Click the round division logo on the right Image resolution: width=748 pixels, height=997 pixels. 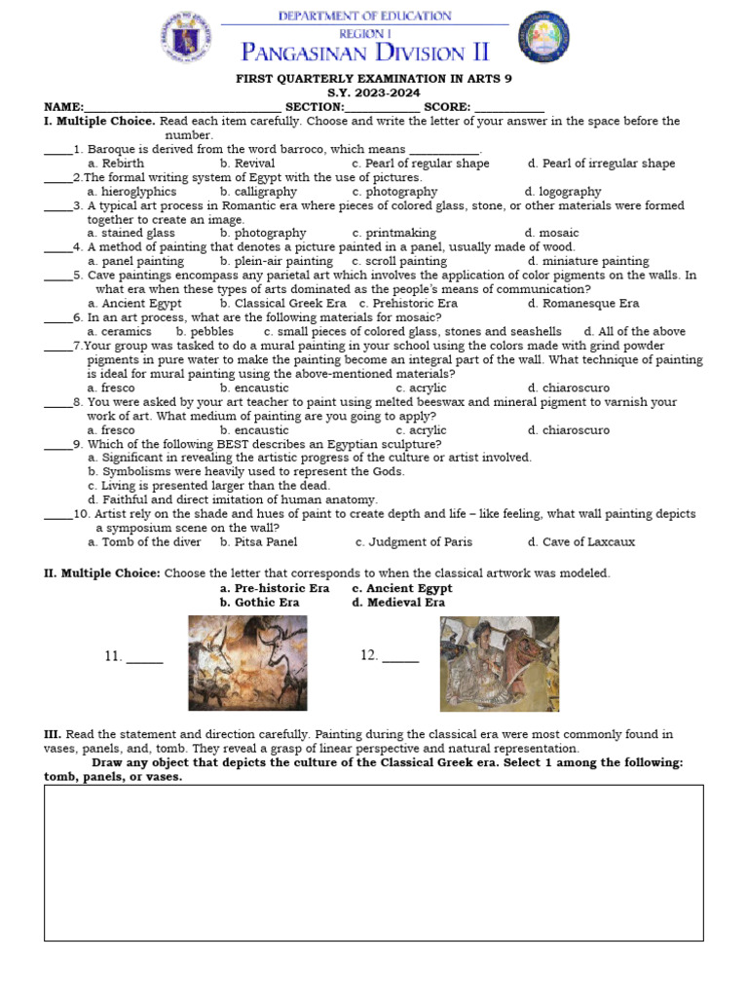(543, 38)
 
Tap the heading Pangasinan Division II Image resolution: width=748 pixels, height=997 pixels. (365, 52)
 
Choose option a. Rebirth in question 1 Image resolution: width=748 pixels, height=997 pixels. (116, 164)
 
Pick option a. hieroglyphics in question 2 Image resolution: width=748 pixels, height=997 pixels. (131, 192)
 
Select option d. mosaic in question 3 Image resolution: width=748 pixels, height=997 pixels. (551, 234)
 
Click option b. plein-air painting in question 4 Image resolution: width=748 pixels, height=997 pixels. (277, 261)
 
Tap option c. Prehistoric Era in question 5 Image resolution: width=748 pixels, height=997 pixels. (408, 304)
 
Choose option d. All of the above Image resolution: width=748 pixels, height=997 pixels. (635, 332)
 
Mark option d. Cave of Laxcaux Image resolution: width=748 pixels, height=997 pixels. (581, 542)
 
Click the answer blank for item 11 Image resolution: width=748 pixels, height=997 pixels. (145, 659)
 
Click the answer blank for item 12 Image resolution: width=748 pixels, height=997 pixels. (400, 658)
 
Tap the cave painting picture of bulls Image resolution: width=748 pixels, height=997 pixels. (247, 663)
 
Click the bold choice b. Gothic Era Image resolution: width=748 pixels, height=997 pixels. (260, 603)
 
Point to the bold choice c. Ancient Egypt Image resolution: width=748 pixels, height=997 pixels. (402, 589)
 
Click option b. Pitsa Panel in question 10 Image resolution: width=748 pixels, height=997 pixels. (259, 542)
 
